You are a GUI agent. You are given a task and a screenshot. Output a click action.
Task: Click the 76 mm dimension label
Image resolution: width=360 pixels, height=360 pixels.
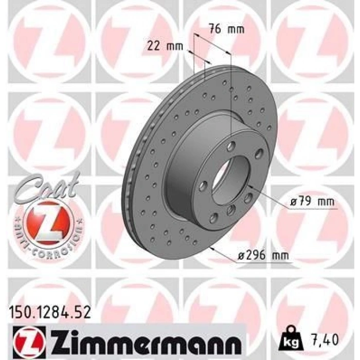[226, 29]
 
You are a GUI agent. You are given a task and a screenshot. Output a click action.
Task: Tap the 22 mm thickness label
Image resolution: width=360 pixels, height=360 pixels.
[165, 46]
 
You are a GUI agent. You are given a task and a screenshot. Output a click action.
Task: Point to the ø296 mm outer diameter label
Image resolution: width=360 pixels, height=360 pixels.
[263, 255]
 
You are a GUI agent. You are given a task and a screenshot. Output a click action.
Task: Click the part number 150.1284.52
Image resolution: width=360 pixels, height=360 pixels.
[49, 313]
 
